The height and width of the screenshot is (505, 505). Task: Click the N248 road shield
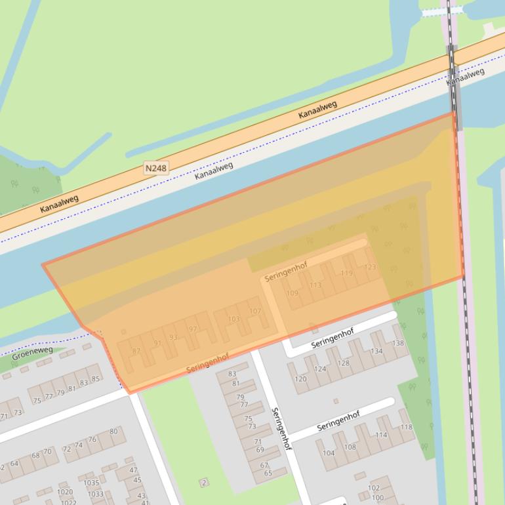tap(156, 169)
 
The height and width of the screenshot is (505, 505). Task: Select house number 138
tap(398, 344)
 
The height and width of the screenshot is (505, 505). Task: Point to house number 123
tap(370, 267)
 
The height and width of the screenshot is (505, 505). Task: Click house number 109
tap(292, 293)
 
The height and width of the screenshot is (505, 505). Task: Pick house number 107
tap(255, 311)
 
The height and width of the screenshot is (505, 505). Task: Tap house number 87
tap(136, 351)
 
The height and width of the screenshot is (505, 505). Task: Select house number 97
tap(192, 329)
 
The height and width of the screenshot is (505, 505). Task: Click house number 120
tap(300, 379)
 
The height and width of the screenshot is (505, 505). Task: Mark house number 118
tap(407, 427)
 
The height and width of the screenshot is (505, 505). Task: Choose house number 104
tap(329, 453)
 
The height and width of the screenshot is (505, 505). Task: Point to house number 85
tap(96, 378)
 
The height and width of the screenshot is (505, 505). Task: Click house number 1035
tap(91, 483)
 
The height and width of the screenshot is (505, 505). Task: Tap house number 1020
tap(65, 491)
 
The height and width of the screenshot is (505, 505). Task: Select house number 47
tap(133, 470)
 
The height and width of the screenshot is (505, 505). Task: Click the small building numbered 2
tap(204, 483)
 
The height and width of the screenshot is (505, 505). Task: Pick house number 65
tap(268, 473)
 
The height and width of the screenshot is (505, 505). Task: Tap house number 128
tap(343, 363)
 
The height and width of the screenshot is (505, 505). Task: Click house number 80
tap(113, 431)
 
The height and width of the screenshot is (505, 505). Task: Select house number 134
tap(376, 351)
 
